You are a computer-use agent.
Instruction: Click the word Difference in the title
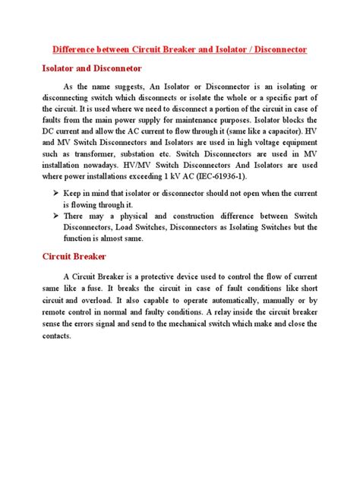[x=78, y=49]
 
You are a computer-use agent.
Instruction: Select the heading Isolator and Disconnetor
[x=93, y=68]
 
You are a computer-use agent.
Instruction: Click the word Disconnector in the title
[x=277, y=49]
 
